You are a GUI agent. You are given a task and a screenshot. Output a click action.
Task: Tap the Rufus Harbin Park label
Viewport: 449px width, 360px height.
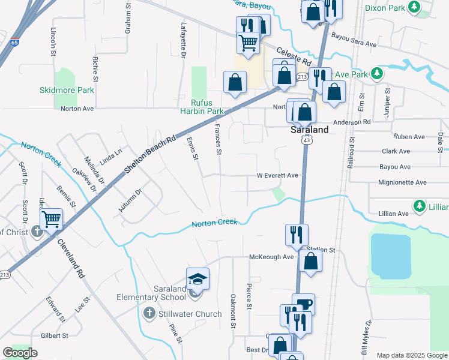(202, 107)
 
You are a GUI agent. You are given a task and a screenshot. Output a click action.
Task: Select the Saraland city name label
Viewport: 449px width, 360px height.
(309, 130)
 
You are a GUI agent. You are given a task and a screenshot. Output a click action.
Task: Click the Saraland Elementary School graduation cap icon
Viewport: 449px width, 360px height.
(197, 280)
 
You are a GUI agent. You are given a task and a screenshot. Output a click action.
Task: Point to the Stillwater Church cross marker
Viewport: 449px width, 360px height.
(149, 313)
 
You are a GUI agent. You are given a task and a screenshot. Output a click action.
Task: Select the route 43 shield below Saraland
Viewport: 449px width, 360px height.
(307, 140)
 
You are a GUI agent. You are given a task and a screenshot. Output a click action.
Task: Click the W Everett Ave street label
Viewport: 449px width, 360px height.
(277, 176)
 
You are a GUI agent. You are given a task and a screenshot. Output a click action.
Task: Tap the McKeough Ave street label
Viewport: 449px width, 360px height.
(271, 257)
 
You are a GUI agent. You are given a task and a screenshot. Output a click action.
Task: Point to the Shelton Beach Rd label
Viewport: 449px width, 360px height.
(150, 155)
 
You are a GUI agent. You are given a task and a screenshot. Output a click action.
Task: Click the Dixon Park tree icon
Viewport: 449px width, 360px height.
(414, 7)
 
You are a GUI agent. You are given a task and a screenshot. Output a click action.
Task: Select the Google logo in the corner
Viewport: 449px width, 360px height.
(20, 353)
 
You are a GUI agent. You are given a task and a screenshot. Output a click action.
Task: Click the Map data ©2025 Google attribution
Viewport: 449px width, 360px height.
(411, 355)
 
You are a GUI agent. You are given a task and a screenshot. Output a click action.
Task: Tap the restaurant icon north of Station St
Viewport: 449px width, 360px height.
(297, 234)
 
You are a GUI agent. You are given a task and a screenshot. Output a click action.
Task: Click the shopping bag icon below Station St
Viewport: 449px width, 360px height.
(310, 262)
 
